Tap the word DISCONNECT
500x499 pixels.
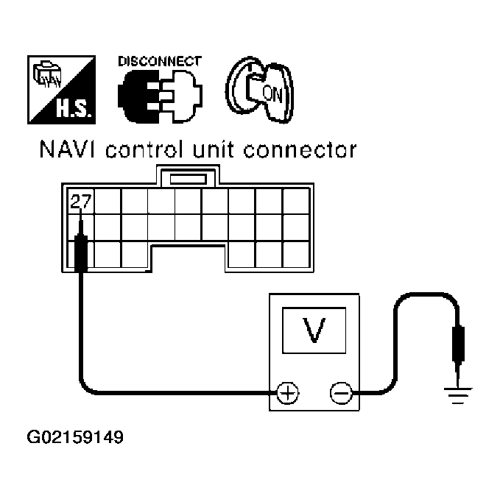pyautogui.click(x=158, y=62)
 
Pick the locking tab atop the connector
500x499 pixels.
pyautogui.click(x=188, y=178)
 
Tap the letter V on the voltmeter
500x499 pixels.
pyautogui.click(x=314, y=330)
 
